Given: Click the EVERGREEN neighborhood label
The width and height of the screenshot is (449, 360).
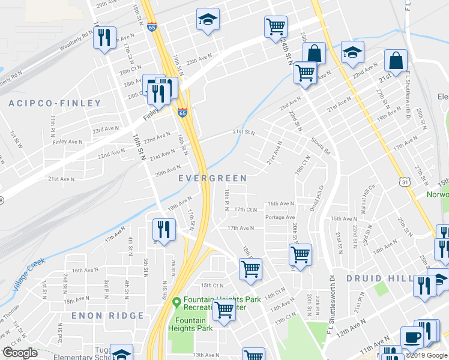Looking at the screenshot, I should point(212,178).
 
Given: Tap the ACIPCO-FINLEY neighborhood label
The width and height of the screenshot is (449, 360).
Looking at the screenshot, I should point(55,103).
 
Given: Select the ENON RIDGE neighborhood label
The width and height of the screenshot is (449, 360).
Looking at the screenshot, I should point(107,316).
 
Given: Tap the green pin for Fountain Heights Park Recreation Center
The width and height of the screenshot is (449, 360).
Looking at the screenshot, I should point(176,301).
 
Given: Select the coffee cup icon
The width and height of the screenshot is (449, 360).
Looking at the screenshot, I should point(412,338).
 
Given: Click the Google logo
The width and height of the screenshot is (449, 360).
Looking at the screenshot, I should point(20,353).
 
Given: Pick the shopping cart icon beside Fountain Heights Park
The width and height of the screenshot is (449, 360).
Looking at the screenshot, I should point(224,311).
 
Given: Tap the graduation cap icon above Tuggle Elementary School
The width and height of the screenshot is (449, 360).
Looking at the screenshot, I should point(122,354).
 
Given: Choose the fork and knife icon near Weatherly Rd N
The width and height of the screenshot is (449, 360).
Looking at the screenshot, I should point(104,38).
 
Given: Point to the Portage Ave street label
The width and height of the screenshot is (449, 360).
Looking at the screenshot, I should point(281,217).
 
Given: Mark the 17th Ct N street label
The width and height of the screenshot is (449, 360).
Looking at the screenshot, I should point(246,209).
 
